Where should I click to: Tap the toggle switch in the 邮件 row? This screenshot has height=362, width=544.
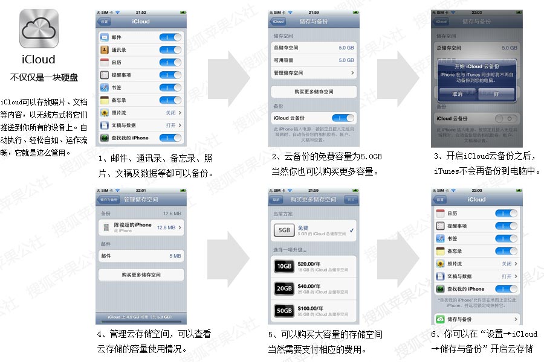170,37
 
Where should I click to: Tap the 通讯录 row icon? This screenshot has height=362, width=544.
105,50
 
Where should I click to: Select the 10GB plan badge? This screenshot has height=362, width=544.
283,266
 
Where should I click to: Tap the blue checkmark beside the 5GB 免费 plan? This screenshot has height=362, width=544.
352,230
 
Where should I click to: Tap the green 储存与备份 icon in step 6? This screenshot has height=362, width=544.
440,319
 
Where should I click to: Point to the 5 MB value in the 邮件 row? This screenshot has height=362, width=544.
175,256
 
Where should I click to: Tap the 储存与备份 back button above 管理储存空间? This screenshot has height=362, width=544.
109,199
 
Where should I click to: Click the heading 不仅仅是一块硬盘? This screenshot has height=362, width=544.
44,77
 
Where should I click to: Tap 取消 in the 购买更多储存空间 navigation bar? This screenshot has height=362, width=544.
276,199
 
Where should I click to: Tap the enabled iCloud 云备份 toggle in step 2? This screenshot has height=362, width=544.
343,118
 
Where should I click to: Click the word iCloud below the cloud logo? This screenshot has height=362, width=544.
39,59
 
